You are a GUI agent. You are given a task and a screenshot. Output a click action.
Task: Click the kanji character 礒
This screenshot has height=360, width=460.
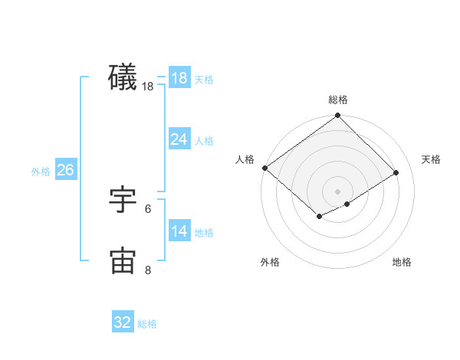pos(123,77)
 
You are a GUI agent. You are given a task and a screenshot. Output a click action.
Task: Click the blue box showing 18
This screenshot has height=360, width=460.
pos(179,77)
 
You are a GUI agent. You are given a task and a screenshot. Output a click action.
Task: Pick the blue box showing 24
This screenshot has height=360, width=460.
pos(179,139)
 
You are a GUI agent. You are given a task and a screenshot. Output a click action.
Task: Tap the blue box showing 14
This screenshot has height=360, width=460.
pos(179,231)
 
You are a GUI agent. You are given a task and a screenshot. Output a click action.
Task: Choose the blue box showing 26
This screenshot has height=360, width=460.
pos(65,170)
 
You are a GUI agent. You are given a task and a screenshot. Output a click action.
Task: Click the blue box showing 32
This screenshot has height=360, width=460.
pos(123,322)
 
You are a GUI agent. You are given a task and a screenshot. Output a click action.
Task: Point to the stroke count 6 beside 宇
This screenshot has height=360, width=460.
pos(148,208)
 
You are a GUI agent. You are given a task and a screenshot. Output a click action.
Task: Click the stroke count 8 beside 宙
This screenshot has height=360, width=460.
pos(148,270)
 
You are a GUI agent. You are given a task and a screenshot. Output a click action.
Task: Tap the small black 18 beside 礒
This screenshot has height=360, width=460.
pos(148,87)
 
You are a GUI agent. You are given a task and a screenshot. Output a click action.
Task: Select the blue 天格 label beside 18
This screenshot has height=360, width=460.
pos(204,80)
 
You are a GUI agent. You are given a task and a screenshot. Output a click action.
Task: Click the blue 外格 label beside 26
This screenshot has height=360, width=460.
pos(41,172)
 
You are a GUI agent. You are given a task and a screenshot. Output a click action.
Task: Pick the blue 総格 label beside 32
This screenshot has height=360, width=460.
pos(147,325)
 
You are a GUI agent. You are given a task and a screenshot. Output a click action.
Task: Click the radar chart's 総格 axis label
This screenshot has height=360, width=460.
pos(338,100)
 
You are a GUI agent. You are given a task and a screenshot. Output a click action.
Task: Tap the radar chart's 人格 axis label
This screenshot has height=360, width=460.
pos(245,159)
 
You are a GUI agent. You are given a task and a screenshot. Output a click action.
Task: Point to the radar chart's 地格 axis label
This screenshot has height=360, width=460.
pos(402,262)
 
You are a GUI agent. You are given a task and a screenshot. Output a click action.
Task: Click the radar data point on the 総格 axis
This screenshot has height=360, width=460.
pos(338,116)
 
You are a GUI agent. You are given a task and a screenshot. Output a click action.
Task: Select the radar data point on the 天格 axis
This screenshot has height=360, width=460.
pos(396,172)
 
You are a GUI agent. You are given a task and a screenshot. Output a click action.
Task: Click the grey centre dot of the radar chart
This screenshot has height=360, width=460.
pos(338,191)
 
